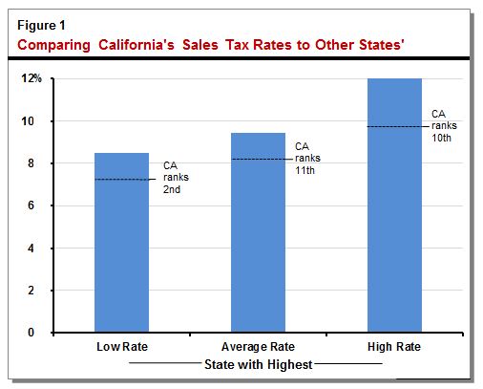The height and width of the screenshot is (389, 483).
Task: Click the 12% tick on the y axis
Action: (x=31, y=78)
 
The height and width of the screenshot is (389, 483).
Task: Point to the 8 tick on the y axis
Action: (x=33, y=163)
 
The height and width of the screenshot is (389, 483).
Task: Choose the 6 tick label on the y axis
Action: (x=33, y=205)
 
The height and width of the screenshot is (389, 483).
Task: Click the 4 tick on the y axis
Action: (x=33, y=249)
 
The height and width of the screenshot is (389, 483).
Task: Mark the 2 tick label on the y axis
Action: (x=33, y=291)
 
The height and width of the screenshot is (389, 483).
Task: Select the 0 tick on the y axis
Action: (x=33, y=333)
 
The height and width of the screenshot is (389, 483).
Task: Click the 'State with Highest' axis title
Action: (x=258, y=364)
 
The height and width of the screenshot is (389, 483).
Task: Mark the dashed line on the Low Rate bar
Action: (x=121, y=180)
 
